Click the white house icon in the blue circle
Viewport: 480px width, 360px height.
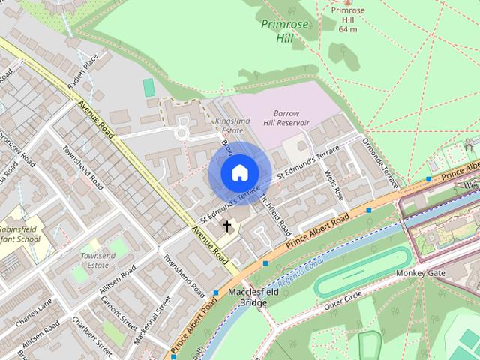(239, 172)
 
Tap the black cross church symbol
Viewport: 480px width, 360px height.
(227, 225)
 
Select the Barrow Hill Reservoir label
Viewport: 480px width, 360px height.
(286, 118)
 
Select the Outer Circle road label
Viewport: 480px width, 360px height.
(345, 300)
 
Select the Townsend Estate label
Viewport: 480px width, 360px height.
(98, 260)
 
